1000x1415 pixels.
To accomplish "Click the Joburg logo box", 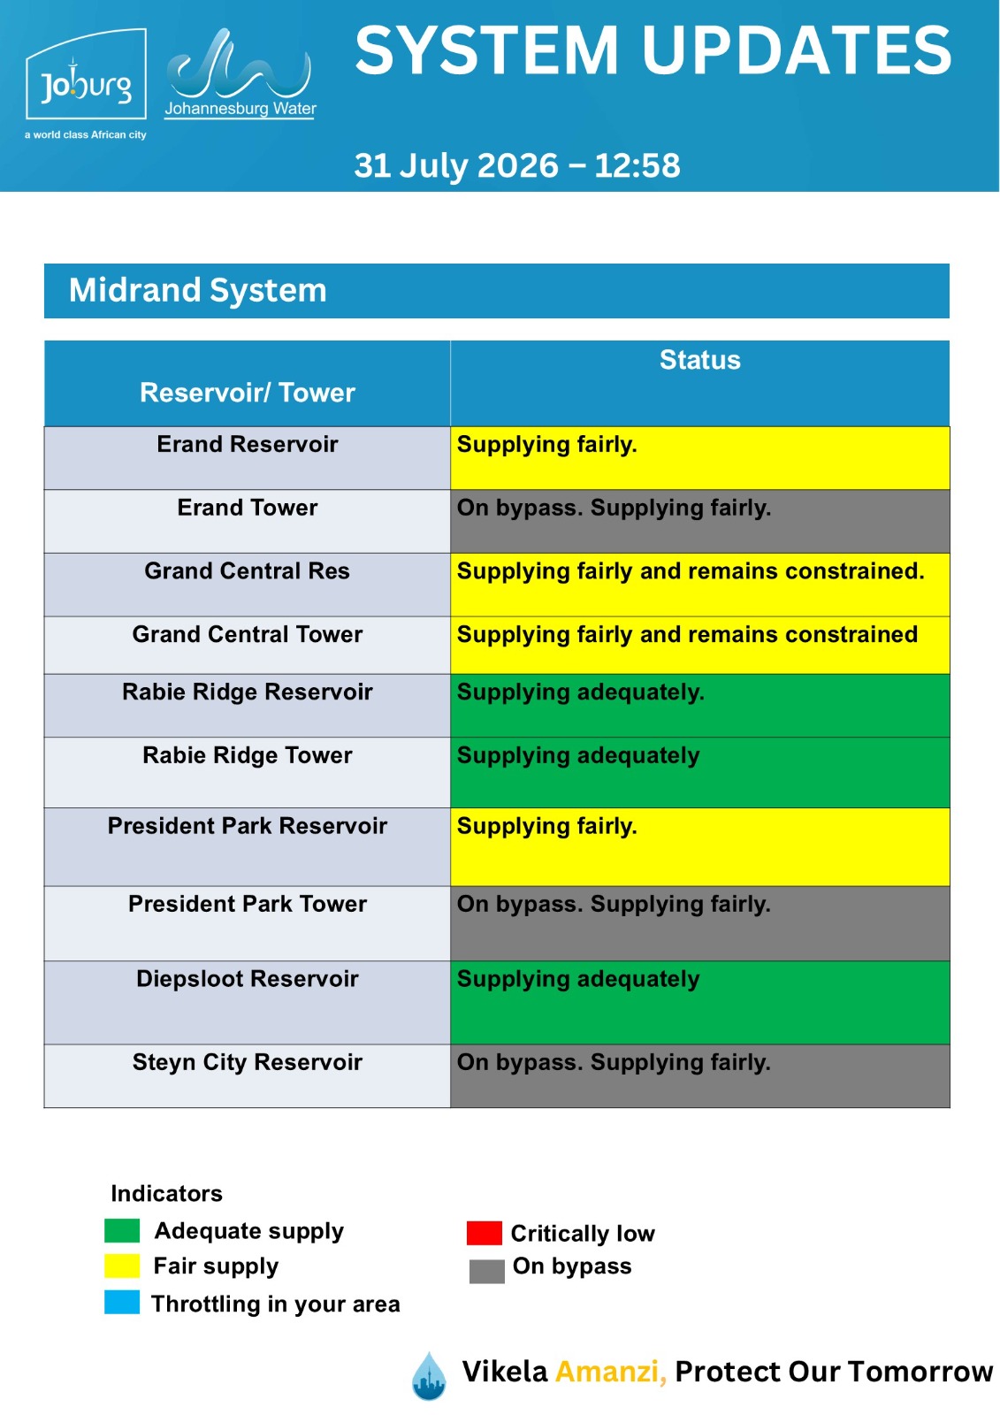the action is click(x=86, y=74).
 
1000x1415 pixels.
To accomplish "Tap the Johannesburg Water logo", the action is click(x=240, y=73).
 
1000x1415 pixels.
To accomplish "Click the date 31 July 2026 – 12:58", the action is click(x=516, y=165).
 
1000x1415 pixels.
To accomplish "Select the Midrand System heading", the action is click(x=198, y=291).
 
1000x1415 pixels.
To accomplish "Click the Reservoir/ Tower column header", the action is click(x=247, y=393).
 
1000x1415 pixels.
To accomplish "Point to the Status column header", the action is click(x=700, y=360).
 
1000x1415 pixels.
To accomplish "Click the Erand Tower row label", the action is click(x=247, y=508).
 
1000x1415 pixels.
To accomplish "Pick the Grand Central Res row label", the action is click(x=247, y=571).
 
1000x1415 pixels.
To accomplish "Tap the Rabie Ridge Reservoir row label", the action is click(x=247, y=692).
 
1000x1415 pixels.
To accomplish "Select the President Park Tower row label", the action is click(x=247, y=904).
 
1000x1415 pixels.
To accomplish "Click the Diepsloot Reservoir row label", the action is click(x=247, y=979).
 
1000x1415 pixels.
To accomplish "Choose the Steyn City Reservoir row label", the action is click(x=247, y=1062).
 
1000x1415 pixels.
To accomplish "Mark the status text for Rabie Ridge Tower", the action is click(x=578, y=756).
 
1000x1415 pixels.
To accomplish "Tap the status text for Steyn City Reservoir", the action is click(x=614, y=1063).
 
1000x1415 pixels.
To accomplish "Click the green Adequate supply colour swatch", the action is click(x=122, y=1230).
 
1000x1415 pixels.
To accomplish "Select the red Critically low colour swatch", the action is click(x=484, y=1233).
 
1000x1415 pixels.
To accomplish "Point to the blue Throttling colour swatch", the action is click(x=122, y=1303).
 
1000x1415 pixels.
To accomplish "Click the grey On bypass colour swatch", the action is click(x=487, y=1271).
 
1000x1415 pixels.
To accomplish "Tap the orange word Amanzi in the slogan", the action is click(x=611, y=1372).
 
